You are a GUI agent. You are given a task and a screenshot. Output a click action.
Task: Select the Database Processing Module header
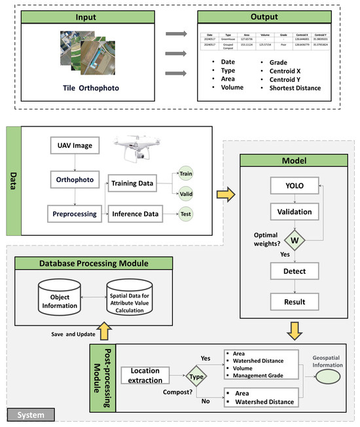coord(90,263)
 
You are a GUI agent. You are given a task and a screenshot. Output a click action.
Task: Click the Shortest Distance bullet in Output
coord(293,88)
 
